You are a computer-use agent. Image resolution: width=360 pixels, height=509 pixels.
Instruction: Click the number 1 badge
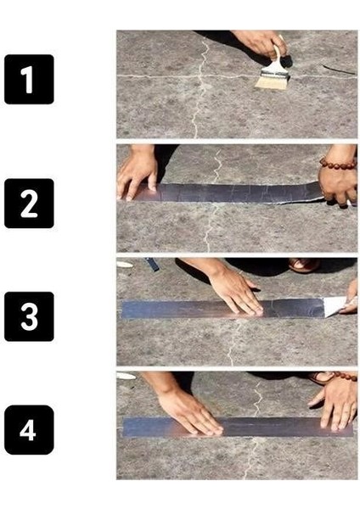pyautogui.click(x=29, y=79)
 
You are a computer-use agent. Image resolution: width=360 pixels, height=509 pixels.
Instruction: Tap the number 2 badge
pyautogui.click(x=29, y=203)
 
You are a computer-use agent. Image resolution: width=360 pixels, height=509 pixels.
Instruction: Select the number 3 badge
pyautogui.click(x=29, y=316)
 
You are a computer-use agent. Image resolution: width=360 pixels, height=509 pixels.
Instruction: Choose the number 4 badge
pyautogui.click(x=29, y=430)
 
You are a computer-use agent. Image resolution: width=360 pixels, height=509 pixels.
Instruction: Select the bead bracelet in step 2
pyautogui.click(x=336, y=162)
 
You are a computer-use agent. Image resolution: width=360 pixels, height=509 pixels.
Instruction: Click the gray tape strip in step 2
pyautogui.click(x=229, y=193)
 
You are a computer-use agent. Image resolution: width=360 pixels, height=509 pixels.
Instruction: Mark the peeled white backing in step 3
pyautogui.click(x=335, y=305)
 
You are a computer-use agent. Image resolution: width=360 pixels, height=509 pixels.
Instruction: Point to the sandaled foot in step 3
pyautogui.click(x=303, y=266)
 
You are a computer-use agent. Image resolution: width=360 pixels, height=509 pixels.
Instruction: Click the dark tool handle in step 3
pyautogui.click(x=152, y=265)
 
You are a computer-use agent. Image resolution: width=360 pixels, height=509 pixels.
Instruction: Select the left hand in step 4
pyautogui.click(x=187, y=411)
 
